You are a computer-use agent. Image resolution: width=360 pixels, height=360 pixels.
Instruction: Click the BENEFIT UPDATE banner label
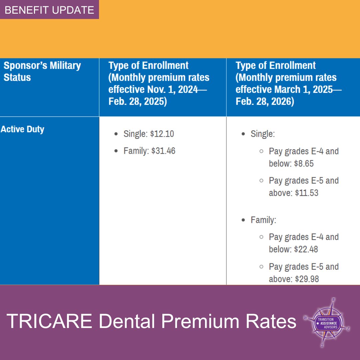pos(49,10)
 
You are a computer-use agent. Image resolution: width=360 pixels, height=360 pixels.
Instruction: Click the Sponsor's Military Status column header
pos(42,71)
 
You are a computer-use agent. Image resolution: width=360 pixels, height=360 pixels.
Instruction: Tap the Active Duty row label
pos(22,129)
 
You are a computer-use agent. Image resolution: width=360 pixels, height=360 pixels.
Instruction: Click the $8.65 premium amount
pos(304,164)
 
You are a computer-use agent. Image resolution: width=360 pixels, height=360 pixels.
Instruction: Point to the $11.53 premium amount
pos(306,193)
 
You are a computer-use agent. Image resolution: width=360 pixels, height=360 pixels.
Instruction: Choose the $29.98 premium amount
pos(307,279)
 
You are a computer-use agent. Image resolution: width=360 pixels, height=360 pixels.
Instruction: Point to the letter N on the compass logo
pos(333,299)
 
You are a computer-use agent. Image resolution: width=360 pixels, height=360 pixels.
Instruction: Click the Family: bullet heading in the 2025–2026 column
pos(263,220)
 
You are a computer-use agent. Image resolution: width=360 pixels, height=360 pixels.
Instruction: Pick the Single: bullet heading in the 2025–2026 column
pos(263,134)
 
